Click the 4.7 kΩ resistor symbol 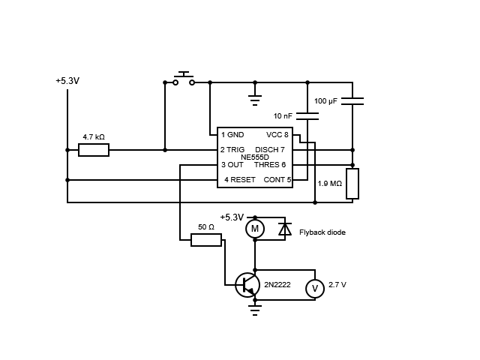94,150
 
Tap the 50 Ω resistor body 206,240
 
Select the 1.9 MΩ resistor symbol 352,184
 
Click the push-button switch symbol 184,79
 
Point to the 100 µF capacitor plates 352,101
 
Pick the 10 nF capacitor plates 307,116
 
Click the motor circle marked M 255,229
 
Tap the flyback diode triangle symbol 285,229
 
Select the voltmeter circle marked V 315,289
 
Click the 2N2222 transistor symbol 247,285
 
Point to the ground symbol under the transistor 255,310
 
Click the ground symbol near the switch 255,100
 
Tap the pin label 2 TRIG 232,150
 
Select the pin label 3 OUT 232,165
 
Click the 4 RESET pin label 240,180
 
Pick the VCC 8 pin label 277,135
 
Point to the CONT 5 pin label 277,180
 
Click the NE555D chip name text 255,157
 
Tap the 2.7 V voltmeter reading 337,285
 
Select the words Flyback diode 322,232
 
